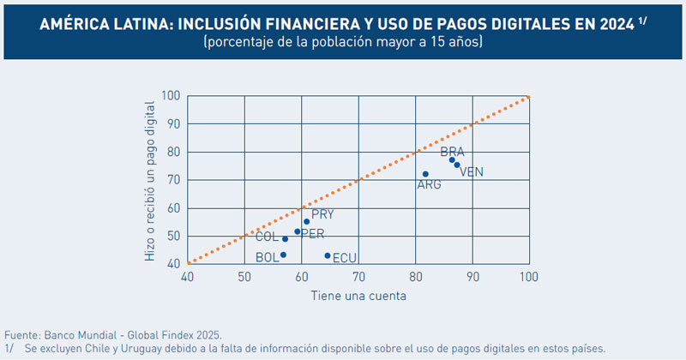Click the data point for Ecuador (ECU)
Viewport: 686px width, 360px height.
tap(328, 255)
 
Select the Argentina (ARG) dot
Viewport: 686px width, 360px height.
tap(425, 174)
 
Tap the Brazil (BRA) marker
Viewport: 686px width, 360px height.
tap(452, 160)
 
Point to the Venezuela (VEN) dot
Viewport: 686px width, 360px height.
tap(457, 165)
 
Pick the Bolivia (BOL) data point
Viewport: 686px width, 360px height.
tap(283, 255)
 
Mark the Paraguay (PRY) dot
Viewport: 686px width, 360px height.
tap(306, 221)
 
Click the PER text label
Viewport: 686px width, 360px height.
tap(312, 234)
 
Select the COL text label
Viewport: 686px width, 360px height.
tap(267, 237)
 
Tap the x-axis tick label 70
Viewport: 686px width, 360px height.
tap(358, 277)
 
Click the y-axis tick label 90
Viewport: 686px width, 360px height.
tap(173, 124)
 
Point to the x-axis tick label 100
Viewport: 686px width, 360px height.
tap(529, 277)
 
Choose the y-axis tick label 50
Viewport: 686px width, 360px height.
tap(173, 237)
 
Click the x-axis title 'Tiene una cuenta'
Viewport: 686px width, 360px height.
tap(358, 296)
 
